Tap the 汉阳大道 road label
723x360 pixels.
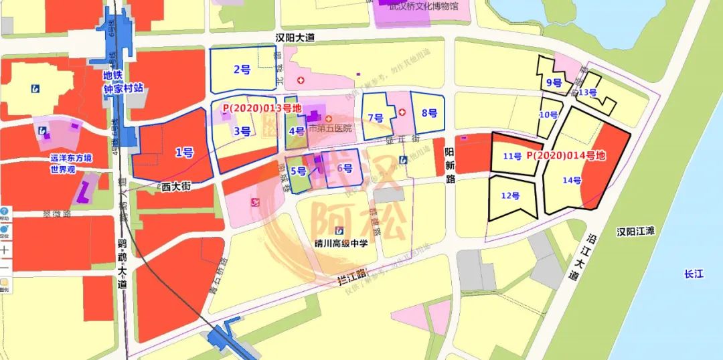coord(295,38)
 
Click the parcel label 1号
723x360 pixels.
coord(184,153)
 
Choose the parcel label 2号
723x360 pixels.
coord(242,69)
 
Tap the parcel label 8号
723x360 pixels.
coord(429,112)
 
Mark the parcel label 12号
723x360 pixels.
coord(510,195)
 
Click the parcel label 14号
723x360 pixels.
coord(572,179)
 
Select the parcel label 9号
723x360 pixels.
coord(554,83)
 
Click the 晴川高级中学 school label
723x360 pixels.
coord(341,244)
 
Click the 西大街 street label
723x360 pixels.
coord(176,187)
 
